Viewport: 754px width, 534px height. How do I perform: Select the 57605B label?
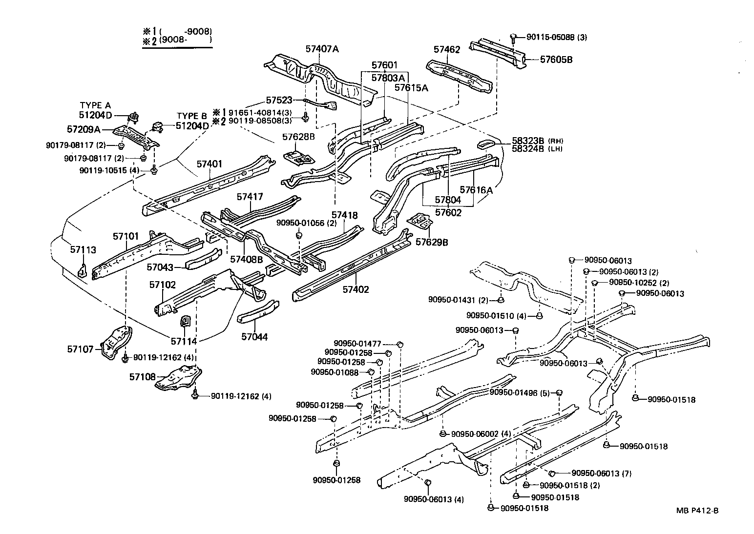[x=556, y=60]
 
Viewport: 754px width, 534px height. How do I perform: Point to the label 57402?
[x=356, y=289]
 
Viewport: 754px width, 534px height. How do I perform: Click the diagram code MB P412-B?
[x=697, y=511]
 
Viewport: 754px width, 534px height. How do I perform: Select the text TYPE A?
[x=95, y=105]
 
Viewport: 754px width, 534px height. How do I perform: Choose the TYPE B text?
[x=192, y=116]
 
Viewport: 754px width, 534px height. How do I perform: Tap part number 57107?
[x=81, y=349]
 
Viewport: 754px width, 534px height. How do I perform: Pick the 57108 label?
[x=142, y=377]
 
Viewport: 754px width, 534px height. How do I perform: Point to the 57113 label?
[x=83, y=249]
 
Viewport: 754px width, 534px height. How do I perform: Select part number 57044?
[x=254, y=337]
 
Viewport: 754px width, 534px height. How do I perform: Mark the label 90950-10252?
[x=628, y=283]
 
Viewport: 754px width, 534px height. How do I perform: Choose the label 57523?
[x=279, y=100]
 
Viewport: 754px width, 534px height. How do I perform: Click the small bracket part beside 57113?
[x=83, y=270]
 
